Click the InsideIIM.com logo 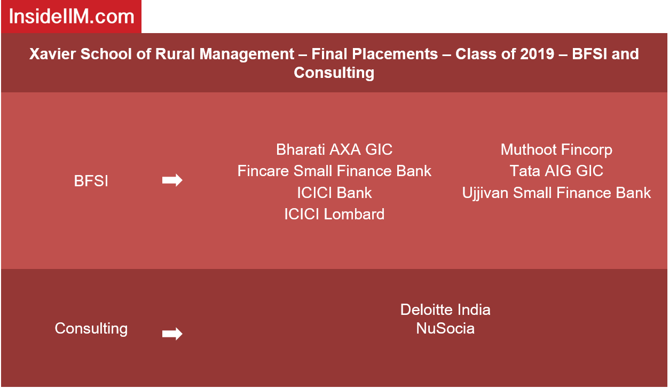click(x=72, y=17)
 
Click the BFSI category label click(x=91, y=181)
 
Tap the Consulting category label click(x=91, y=329)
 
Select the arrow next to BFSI click(x=172, y=180)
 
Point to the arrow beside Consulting click(x=172, y=334)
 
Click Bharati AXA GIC click(x=334, y=149)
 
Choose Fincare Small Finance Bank click(x=334, y=171)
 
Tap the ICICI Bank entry click(x=334, y=193)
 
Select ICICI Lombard click(x=334, y=215)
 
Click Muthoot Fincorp click(x=556, y=150)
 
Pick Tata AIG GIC click(x=556, y=171)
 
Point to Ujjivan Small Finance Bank click(x=556, y=193)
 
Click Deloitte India click(x=445, y=310)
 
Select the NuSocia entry click(x=445, y=329)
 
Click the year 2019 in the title click(x=537, y=54)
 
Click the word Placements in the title click(x=395, y=54)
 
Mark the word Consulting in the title click(x=334, y=73)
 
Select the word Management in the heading click(x=247, y=54)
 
